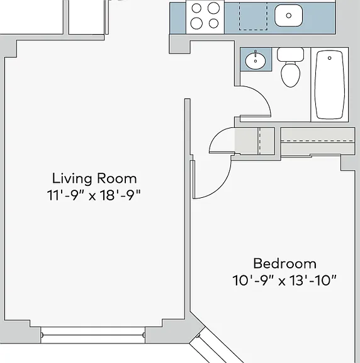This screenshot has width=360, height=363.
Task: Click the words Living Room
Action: point(94,179)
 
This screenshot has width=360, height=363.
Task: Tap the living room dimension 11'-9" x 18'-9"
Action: point(94,195)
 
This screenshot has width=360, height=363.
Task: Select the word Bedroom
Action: point(285,263)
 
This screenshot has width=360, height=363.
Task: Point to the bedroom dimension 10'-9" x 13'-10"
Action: point(284,280)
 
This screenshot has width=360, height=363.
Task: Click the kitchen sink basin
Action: point(288,16)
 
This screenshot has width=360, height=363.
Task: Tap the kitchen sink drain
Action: point(288,16)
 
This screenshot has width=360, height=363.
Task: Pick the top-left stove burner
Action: point(196,8)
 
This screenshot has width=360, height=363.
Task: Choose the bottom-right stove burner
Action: point(213,23)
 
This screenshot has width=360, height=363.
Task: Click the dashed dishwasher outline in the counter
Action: point(253,16)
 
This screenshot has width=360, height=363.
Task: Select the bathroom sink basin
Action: point(256,61)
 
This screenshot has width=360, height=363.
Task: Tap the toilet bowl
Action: point(291,74)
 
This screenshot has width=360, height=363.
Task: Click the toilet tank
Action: point(290,54)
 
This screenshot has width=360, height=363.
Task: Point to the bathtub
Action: point(330,84)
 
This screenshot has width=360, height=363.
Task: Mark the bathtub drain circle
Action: point(330,58)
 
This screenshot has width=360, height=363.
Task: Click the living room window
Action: point(93,335)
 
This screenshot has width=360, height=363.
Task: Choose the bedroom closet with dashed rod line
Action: point(318,142)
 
